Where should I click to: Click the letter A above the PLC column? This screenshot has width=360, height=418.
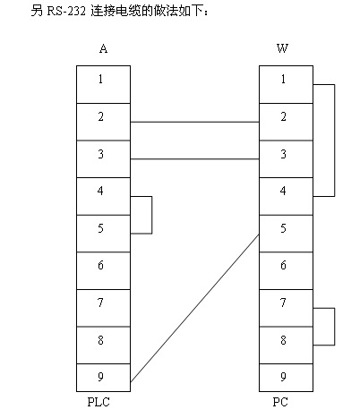pyautogui.click(x=103, y=48)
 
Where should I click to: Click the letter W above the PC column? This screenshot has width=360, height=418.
pyautogui.click(x=282, y=48)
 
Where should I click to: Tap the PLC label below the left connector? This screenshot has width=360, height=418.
pyautogui.click(x=99, y=402)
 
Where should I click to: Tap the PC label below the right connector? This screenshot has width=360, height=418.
pyautogui.click(x=280, y=402)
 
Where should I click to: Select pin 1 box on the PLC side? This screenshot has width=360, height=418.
pyautogui.click(x=103, y=84)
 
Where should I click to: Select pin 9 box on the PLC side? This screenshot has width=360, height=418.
pyautogui.click(x=103, y=378)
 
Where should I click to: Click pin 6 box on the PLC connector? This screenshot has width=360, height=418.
pyautogui.click(x=103, y=270)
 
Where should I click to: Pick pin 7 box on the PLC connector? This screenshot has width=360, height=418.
pyautogui.click(x=103, y=308)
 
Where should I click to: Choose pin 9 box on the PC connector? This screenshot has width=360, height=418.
pyautogui.click(x=286, y=378)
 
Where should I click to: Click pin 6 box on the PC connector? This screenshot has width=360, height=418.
pyautogui.click(x=286, y=270)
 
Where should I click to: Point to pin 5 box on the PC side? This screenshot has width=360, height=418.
pyautogui.click(x=286, y=234)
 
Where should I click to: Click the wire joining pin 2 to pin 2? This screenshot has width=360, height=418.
pyautogui.click(x=194, y=122)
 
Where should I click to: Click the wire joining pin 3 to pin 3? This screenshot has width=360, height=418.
pyautogui.click(x=194, y=159)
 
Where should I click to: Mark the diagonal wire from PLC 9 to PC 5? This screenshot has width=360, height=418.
pyautogui.click(x=194, y=309)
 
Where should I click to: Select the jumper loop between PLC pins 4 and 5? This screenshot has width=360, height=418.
pyautogui.click(x=152, y=215)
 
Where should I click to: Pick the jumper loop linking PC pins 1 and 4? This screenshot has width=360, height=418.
pyautogui.click(x=334, y=141)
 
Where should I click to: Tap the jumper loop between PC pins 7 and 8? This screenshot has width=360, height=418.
pyautogui.click(x=334, y=327)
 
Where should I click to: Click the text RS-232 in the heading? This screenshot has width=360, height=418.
pyautogui.click(x=66, y=12)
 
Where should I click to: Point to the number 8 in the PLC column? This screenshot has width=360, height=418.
pyautogui.click(x=100, y=340)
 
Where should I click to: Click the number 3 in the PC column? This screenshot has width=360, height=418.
pyautogui.click(x=283, y=154)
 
